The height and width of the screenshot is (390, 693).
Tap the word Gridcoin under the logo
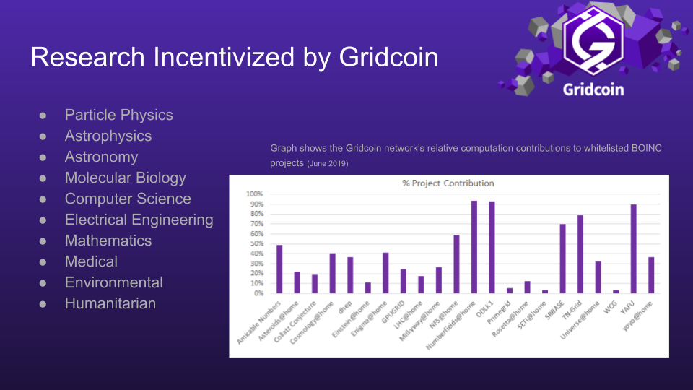(x=593, y=90)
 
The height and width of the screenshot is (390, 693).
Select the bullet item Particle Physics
(x=118, y=115)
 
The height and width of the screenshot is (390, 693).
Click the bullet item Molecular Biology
(x=125, y=178)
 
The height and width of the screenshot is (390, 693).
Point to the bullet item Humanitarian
(x=110, y=303)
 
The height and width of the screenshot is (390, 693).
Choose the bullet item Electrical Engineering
(x=139, y=220)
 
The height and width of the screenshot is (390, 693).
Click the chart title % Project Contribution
(x=448, y=183)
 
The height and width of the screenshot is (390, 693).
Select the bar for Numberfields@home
(x=474, y=247)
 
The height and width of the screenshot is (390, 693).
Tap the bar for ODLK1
(x=492, y=247)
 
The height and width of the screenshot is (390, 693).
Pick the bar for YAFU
(x=633, y=249)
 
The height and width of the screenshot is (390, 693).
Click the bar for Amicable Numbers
(x=279, y=269)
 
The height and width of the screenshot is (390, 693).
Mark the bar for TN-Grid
(x=580, y=254)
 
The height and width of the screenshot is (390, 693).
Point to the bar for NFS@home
(x=456, y=264)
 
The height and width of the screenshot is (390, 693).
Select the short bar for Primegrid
(x=510, y=290)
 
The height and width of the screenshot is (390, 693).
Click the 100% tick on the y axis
(x=255, y=194)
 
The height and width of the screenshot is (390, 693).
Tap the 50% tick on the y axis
(x=256, y=243)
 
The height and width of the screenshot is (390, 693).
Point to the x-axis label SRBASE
(x=554, y=310)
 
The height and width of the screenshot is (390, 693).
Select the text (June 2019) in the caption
(x=328, y=164)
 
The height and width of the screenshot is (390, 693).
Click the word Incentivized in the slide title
(x=224, y=57)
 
